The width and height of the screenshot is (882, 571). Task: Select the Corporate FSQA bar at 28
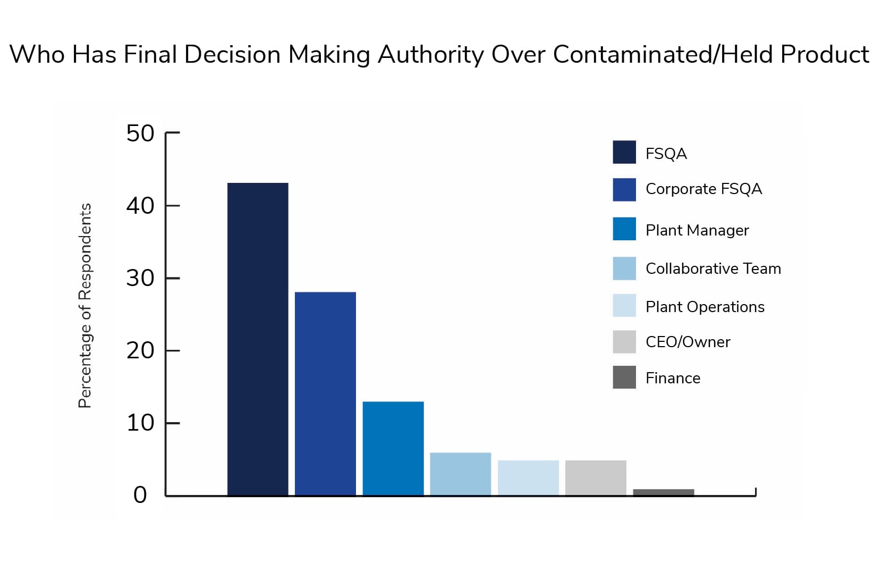coord(325,393)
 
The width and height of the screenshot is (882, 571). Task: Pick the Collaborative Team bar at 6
coord(461,474)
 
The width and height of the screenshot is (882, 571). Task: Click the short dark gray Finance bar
coord(664,492)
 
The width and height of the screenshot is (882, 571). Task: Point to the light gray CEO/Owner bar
coord(596,477)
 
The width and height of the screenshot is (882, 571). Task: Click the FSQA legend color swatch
coord(624,152)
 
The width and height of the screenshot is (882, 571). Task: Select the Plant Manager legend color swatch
coord(624,229)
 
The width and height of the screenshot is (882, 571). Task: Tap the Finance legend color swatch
coord(624,377)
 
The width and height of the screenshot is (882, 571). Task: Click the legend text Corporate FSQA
coord(703,189)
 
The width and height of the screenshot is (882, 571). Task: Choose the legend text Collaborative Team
coord(713,268)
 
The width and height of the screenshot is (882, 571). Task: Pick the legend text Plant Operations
coord(705,307)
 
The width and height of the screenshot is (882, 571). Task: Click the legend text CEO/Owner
coord(688,342)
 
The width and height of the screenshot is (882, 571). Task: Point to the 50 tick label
coord(140,133)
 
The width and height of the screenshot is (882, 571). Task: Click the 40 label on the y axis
coord(140,206)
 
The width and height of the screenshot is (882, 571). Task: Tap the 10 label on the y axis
coord(140,423)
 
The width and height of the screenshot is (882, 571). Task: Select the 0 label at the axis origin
coord(140,495)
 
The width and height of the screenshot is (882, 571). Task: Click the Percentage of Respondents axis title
coord(85,306)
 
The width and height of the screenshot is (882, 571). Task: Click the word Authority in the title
coord(430,55)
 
